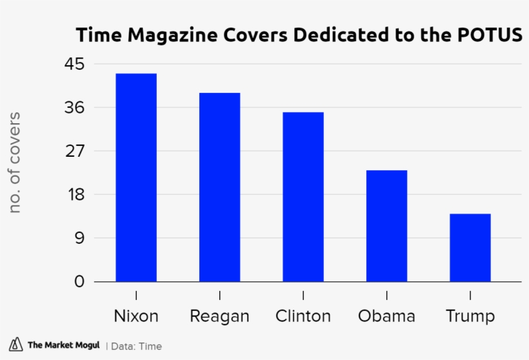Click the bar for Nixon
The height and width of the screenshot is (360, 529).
click(x=136, y=177)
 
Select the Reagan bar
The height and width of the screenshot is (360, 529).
click(x=219, y=187)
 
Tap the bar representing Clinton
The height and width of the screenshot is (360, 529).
click(x=303, y=197)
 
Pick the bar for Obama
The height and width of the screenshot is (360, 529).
click(x=386, y=226)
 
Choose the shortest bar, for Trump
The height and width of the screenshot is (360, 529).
click(x=470, y=248)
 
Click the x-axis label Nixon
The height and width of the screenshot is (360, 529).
click(x=136, y=316)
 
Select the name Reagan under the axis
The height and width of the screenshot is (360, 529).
click(x=219, y=317)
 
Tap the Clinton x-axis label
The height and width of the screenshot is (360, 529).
click(x=303, y=316)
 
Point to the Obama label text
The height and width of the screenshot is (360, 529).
click(x=386, y=316)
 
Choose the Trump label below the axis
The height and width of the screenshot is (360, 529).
click(x=470, y=317)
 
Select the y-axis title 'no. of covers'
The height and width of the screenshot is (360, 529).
click(x=15, y=163)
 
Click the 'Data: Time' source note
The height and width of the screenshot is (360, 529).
click(x=137, y=346)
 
